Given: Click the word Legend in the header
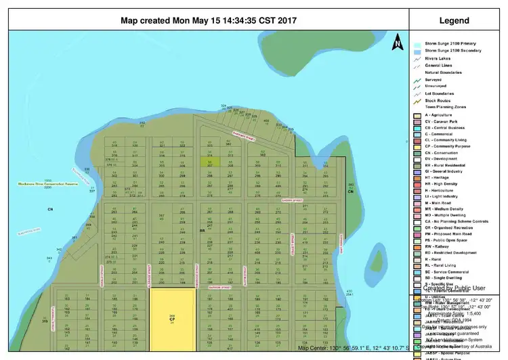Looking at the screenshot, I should click(454, 20).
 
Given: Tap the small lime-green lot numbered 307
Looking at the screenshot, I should click(211, 163).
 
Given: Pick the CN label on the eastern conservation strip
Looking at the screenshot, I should click(351, 192).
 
